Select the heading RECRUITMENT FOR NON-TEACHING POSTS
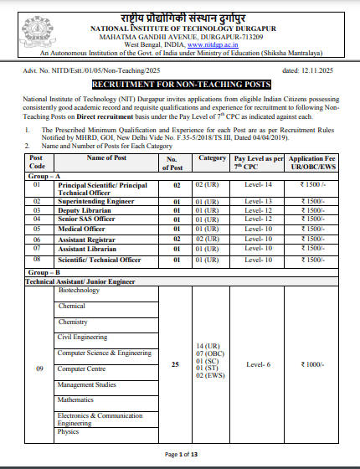(181, 85)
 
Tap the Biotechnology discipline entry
(79, 291)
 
